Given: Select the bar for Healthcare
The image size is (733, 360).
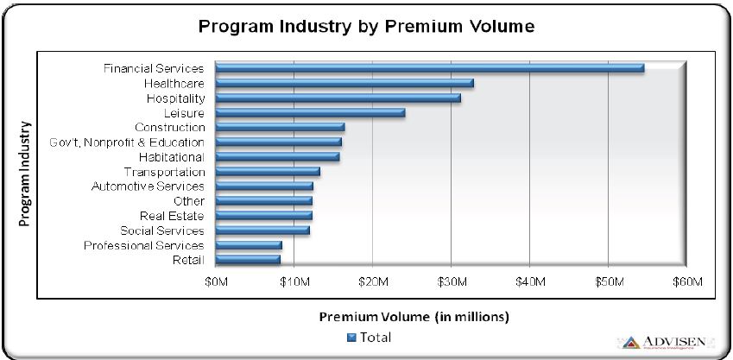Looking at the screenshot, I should [344, 83].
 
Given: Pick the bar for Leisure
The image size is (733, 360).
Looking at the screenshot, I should [310, 112].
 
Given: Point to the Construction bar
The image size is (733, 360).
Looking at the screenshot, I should [280, 127].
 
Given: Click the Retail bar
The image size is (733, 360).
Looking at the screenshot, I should [248, 259].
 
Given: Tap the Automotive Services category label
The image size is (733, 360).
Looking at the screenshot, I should [148, 186].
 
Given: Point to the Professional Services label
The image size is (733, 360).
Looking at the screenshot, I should [144, 245].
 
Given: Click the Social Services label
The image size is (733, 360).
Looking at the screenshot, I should [162, 231].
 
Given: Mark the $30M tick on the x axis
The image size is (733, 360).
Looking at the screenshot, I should [452, 282].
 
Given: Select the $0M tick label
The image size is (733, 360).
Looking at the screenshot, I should [216, 282].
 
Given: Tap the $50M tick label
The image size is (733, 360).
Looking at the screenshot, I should [609, 282].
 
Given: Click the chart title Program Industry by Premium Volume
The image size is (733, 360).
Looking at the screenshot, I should [367, 26].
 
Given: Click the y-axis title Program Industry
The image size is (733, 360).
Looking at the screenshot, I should [26, 173].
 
